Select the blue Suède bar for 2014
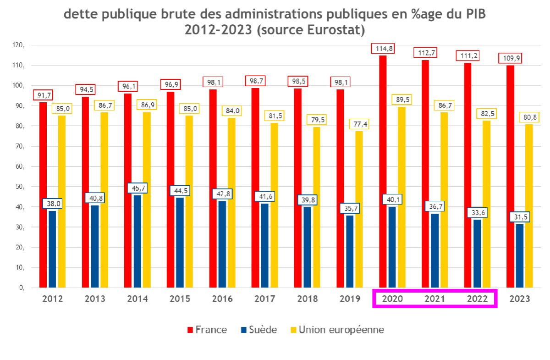pyautogui.click(x=137, y=241)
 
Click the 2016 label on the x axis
pyautogui.click(x=222, y=299)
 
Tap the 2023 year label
pyautogui.click(x=519, y=299)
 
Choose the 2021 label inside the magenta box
pyautogui.click(x=434, y=299)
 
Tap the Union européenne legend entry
pyautogui.click(x=336, y=330)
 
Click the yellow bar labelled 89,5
pyautogui.click(x=401, y=197)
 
